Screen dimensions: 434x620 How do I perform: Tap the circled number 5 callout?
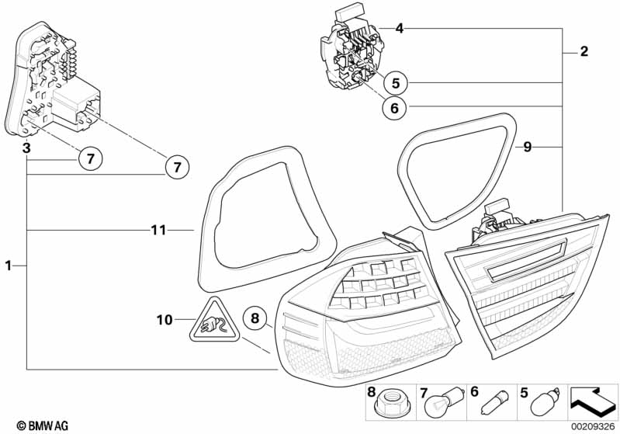coord(394,82)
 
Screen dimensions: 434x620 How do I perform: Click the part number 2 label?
coord(584,53)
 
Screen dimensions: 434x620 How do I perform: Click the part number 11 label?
coord(158,230)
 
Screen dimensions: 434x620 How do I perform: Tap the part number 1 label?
coord(9,266)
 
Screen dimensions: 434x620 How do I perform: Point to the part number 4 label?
coord(399,29)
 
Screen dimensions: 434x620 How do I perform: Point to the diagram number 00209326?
coord(594,425)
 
